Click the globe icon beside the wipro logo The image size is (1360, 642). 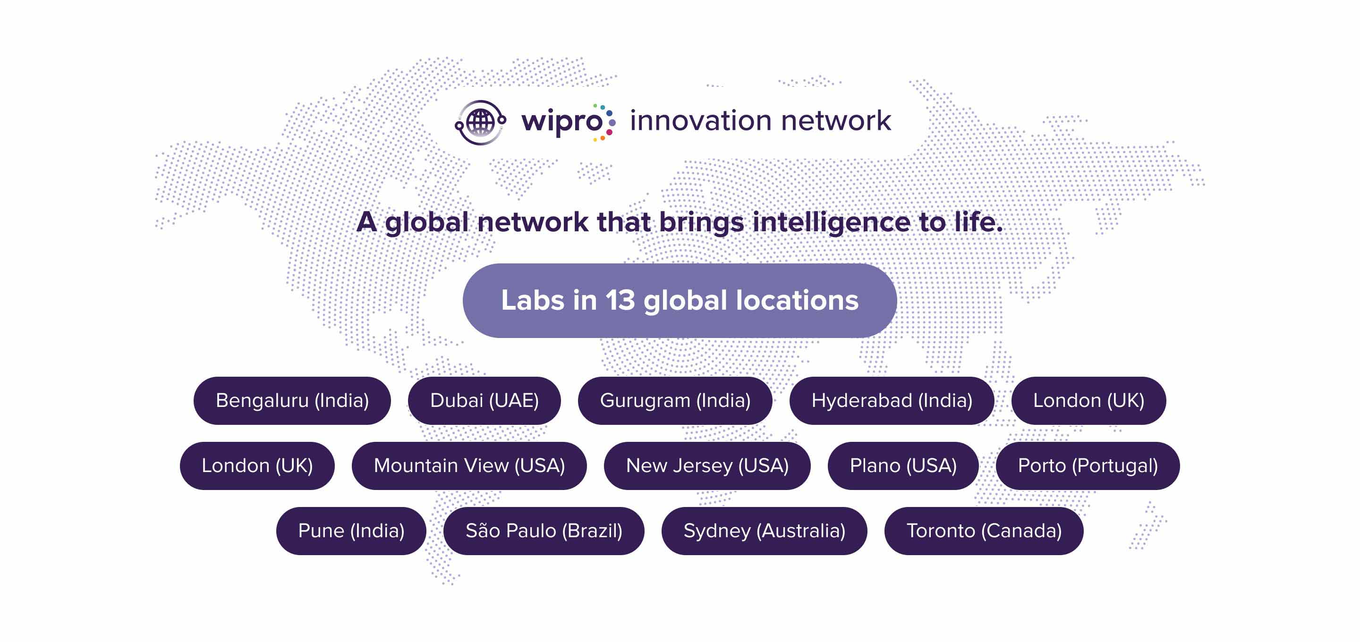click(x=480, y=122)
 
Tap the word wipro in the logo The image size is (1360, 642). click(x=562, y=122)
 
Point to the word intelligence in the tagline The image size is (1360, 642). click(x=831, y=222)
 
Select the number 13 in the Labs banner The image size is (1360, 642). click(x=620, y=300)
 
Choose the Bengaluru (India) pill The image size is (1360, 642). click(x=292, y=400)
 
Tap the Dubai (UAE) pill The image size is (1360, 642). click(x=484, y=400)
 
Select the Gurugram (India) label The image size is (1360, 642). click(x=675, y=400)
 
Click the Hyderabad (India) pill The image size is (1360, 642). click(x=892, y=400)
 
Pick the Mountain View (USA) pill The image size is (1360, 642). click(x=469, y=465)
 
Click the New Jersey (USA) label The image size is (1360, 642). click(x=707, y=465)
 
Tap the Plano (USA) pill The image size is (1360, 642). click(x=903, y=465)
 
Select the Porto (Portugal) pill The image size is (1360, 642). click(x=1088, y=465)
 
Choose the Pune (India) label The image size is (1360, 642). click(x=351, y=531)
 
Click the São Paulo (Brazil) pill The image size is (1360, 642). click(x=544, y=531)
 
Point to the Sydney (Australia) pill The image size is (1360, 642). click(x=764, y=531)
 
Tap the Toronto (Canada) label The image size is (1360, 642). click(x=984, y=531)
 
